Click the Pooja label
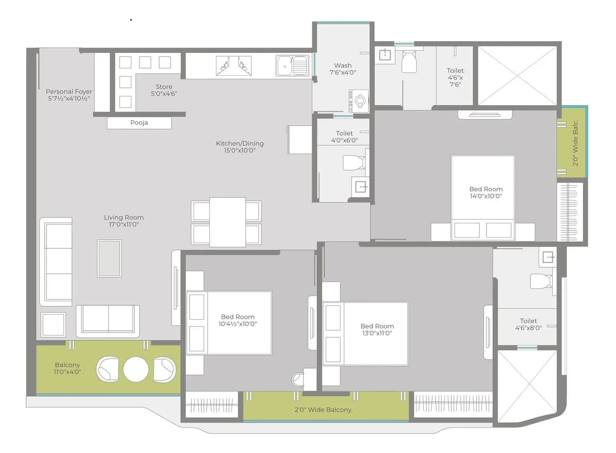click(139, 123)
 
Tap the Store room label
click(164, 90)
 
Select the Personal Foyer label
click(69, 95)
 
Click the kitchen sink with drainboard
click(292, 66)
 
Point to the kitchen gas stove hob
click(234, 66)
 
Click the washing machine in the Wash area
click(359, 101)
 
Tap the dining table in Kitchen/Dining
click(228, 222)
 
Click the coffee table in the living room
click(109, 259)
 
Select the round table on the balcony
click(136, 369)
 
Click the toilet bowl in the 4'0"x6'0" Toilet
click(353, 162)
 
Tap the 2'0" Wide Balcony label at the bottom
click(323, 410)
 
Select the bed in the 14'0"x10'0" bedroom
click(483, 197)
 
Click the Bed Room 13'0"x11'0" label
click(377, 329)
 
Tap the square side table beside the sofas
click(54, 325)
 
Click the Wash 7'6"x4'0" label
click(343, 69)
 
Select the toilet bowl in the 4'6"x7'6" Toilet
click(409, 62)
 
